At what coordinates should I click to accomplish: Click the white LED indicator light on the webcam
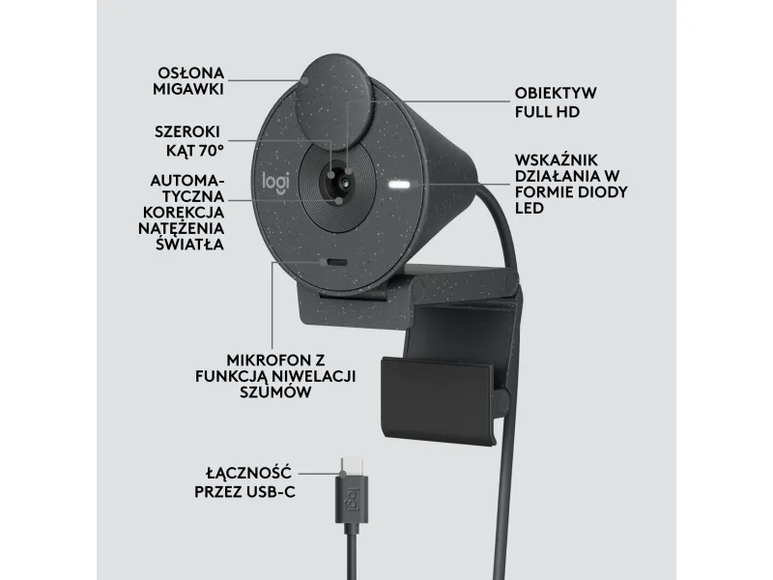point(399,186)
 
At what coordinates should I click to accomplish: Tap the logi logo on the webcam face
point(275,181)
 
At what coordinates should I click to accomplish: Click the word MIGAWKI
point(188,89)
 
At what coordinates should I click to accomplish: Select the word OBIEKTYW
point(556,93)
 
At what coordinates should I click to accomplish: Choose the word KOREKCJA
point(184,213)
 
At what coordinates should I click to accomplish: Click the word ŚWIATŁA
point(189,244)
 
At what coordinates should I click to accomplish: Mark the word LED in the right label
point(529,208)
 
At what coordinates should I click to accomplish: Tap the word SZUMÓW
point(275,391)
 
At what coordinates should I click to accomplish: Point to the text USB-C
point(273,492)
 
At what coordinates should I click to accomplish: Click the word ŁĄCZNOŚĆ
point(249,473)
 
